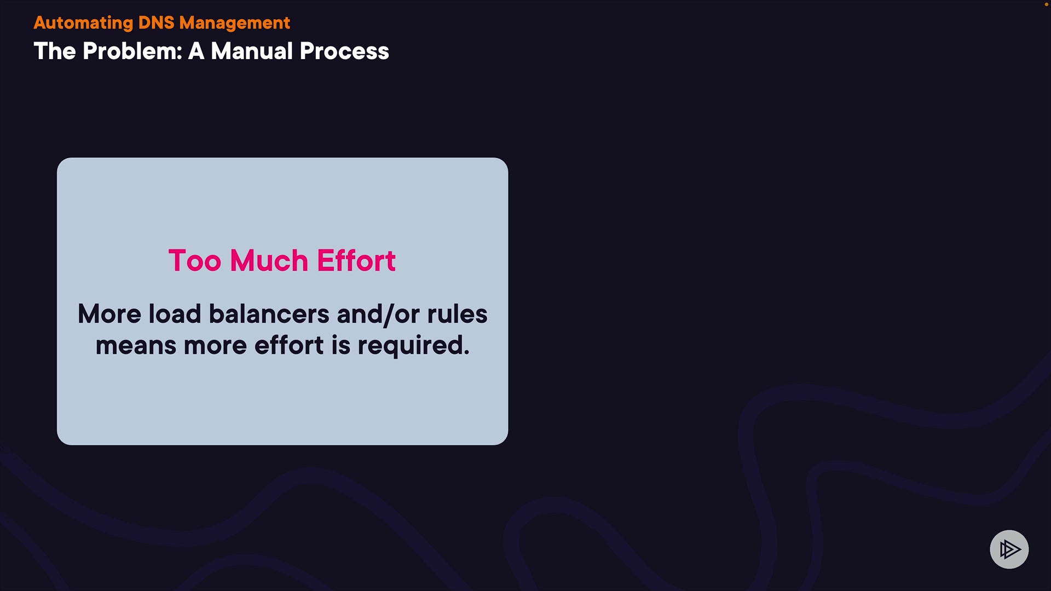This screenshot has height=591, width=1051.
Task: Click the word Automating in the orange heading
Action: [x=83, y=23]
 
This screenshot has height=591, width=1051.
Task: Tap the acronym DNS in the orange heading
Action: [x=156, y=22]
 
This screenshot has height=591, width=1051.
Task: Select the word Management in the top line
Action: [x=234, y=23]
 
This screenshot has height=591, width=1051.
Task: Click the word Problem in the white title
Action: [x=132, y=51]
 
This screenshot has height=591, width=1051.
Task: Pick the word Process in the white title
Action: [x=344, y=51]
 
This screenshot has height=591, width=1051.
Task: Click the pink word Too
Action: [x=195, y=260]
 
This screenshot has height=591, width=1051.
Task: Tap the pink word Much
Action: [x=269, y=260]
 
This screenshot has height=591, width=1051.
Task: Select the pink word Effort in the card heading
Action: [x=356, y=260]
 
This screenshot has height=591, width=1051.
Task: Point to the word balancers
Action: [x=269, y=314]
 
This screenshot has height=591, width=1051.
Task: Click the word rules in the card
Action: [x=457, y=314]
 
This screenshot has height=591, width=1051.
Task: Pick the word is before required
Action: [x=340, y=345]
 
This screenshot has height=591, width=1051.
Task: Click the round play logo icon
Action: [x=1009, y=549]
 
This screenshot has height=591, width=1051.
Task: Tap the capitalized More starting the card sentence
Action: [x=109, y=314]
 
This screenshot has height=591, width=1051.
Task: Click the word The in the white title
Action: [x=55, y=51]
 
